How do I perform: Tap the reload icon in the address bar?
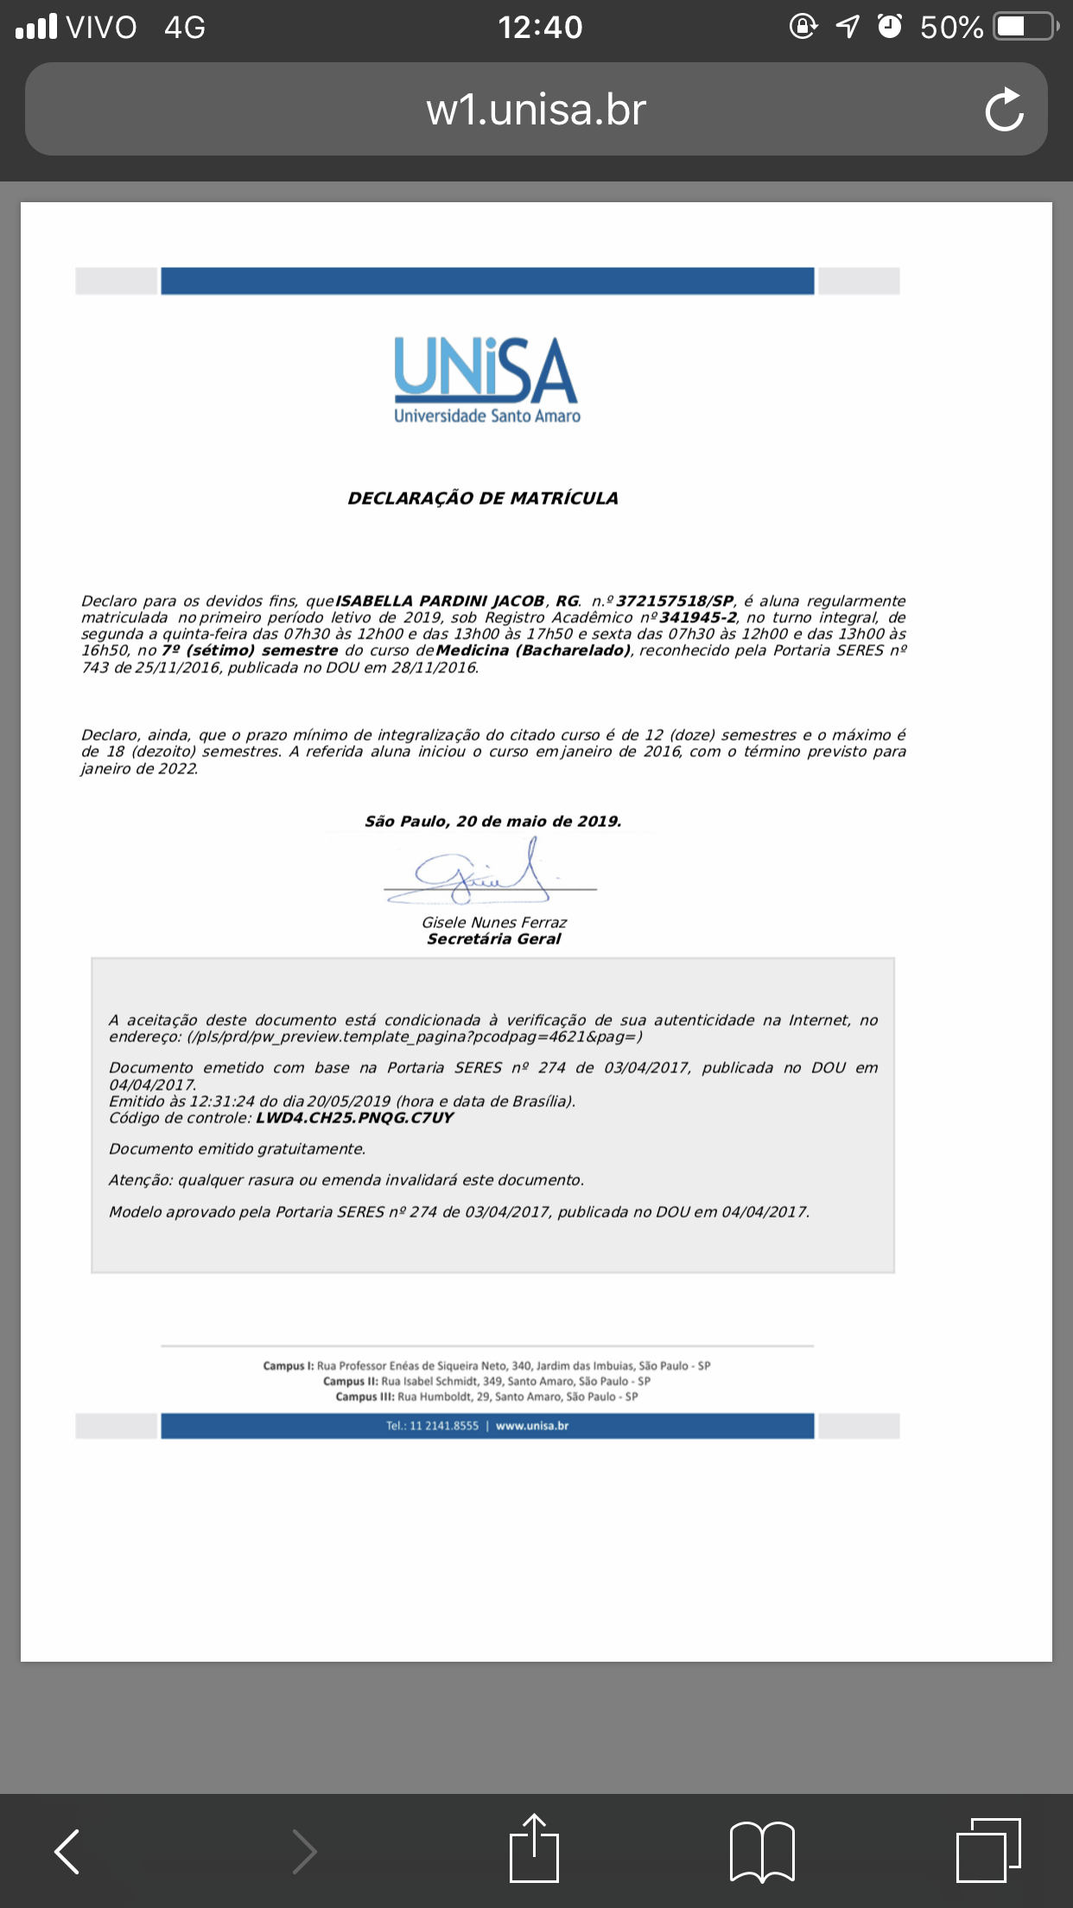1004,110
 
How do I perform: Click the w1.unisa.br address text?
536,110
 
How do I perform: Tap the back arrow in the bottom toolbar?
67,1851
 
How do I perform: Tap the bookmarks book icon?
762,1851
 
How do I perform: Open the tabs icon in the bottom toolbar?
988,1849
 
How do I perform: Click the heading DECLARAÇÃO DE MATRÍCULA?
483,499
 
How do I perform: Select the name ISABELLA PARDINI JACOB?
440,601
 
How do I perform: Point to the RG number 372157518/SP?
675,601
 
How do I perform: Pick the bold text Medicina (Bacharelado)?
533,651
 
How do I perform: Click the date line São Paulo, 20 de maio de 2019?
493,822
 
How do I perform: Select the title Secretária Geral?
494,939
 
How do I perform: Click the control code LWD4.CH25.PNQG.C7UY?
354,1118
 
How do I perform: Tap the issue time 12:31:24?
225,1102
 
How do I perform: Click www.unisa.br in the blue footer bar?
532,1426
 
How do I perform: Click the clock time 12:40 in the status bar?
540,28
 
